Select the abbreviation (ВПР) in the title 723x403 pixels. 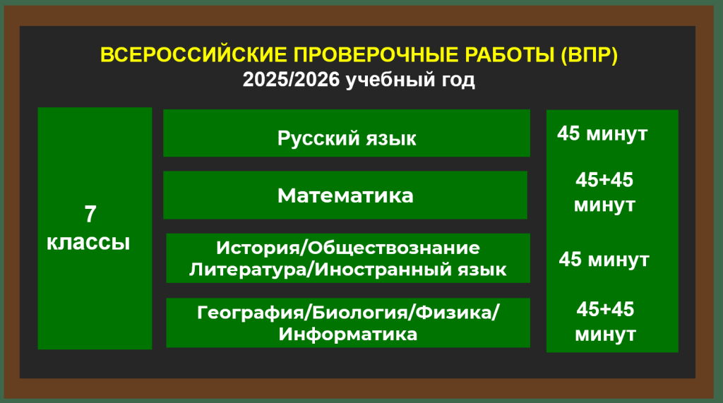[589, 55]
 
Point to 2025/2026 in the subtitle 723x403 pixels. [291, 80]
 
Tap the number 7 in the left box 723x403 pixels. [90, 215]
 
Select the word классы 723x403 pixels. [88, 243]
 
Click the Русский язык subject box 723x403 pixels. [347, 133]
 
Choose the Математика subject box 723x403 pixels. [345, 195]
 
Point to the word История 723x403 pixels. [258, 248]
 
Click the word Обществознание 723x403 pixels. [394, 248]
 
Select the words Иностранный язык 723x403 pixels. [411, 270]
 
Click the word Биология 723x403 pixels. [361, 313]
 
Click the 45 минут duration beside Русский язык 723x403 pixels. [602, 133]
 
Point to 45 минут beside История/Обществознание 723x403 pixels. [604, 260]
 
